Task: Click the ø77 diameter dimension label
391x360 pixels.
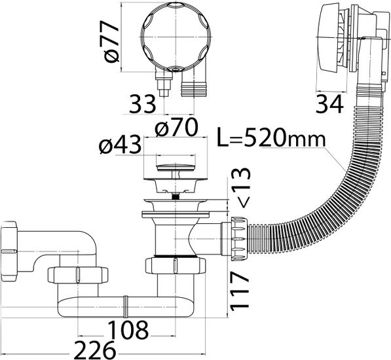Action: [111, 42]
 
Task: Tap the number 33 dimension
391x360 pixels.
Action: [142, 104]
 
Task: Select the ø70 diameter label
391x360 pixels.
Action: [176, 127]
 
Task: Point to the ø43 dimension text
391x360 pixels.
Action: [120, 145]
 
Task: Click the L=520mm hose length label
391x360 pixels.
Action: [271, 137]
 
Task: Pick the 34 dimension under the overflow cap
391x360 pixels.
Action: [329, 104]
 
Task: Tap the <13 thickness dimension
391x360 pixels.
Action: [240, 188]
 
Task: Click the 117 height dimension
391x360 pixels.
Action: [240, 291]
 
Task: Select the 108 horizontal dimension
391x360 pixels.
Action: [128, 330]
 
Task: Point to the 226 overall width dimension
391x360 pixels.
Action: [95, 350]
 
